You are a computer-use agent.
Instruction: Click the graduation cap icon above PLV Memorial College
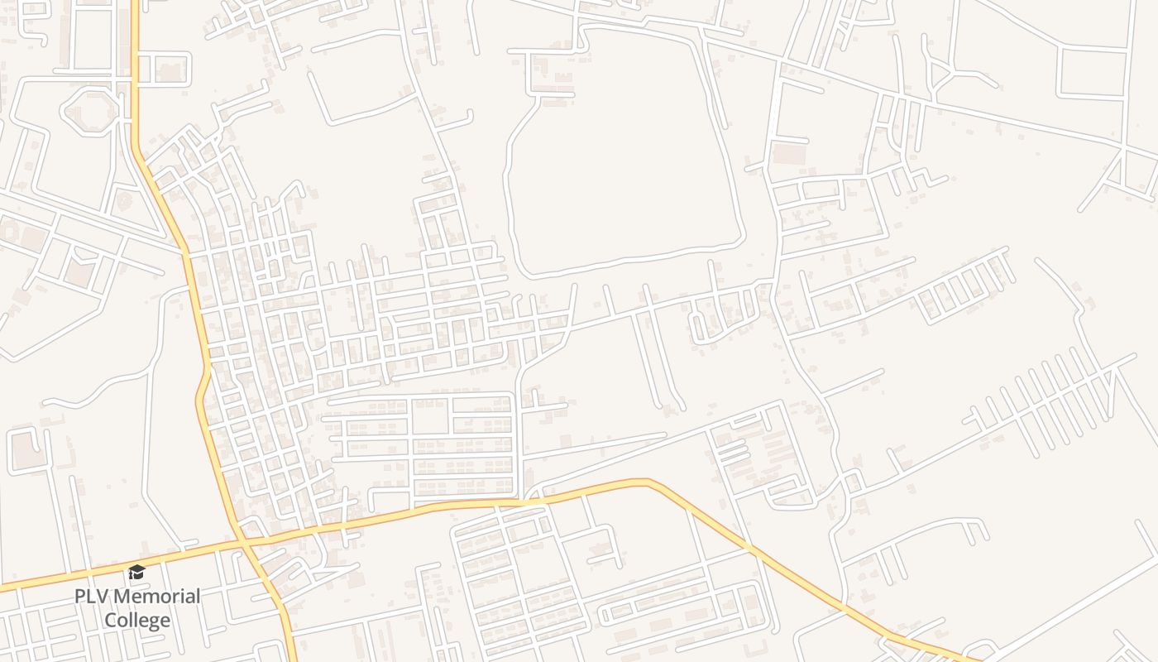(x=136, y=572)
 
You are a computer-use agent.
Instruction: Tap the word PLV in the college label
(x=91, y=597)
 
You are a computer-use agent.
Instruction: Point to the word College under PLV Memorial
(x=137, y=621)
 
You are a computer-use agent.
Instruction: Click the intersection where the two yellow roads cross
(x=241, y=543)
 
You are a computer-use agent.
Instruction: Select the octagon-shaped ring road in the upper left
(x=89, y=109)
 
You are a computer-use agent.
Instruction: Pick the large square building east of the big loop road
(x=788, y=154)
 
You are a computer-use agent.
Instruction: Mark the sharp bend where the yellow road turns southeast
(x=649, y=481)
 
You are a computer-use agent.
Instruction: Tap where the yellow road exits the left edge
(x=2, y=588)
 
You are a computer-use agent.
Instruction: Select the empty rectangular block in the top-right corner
(x=1092, y=73)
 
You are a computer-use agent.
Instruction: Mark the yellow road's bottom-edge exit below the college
(x=291, y=658)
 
